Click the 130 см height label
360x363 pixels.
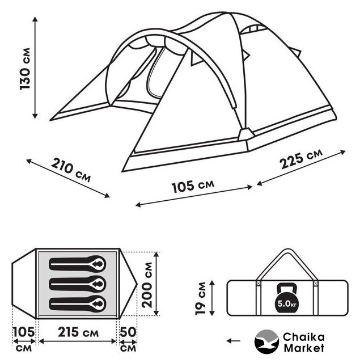(25, 69)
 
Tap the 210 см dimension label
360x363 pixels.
(71, 170)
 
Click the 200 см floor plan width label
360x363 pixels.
(147, 285)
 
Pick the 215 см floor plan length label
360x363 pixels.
(78, 333)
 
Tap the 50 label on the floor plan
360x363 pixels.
(128, 332)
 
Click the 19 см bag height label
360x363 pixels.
(200, 298)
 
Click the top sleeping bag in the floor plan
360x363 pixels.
(78, 263)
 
